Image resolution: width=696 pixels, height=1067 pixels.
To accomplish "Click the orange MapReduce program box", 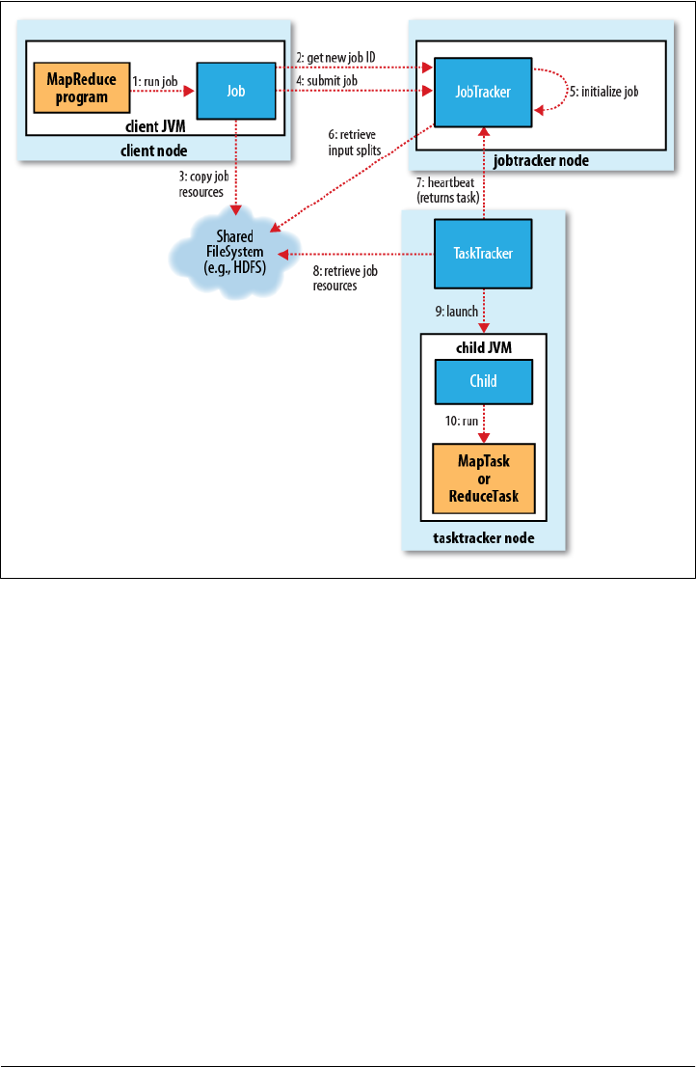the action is coord(82,88).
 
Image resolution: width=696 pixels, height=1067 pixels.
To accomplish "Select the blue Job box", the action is coord(236,91).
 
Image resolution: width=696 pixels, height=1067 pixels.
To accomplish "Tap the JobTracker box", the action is coord(483,92).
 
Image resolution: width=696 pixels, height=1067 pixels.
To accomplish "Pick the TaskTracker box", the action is coord(483,253).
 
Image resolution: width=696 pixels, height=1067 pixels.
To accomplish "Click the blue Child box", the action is coord(483,381).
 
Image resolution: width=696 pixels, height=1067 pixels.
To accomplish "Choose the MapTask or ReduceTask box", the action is coord(483,479).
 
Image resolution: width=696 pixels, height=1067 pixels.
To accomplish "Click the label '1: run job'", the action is coord(155,82).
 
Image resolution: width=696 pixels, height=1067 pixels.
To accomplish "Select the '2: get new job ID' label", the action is coord(335,58).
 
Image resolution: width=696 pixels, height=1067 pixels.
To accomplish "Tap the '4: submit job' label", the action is coord(326,81).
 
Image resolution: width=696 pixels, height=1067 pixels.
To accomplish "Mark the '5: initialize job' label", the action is coord(603,92).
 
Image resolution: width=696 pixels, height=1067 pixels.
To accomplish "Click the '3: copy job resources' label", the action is coord(204,184).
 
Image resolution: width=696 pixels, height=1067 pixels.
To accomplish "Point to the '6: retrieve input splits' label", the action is coord(354,143).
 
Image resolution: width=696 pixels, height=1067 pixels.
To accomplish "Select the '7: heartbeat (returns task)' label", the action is coord(448,190).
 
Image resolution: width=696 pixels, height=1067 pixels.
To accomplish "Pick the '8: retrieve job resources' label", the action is coord(344,278).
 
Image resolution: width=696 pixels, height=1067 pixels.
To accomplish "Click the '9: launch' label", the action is coord(456,312).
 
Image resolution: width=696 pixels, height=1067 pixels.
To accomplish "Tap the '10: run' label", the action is coord(462,422).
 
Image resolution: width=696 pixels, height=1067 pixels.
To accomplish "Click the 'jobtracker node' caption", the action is coord(541,160).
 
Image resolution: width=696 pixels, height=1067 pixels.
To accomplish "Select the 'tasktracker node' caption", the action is coord(483,538).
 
